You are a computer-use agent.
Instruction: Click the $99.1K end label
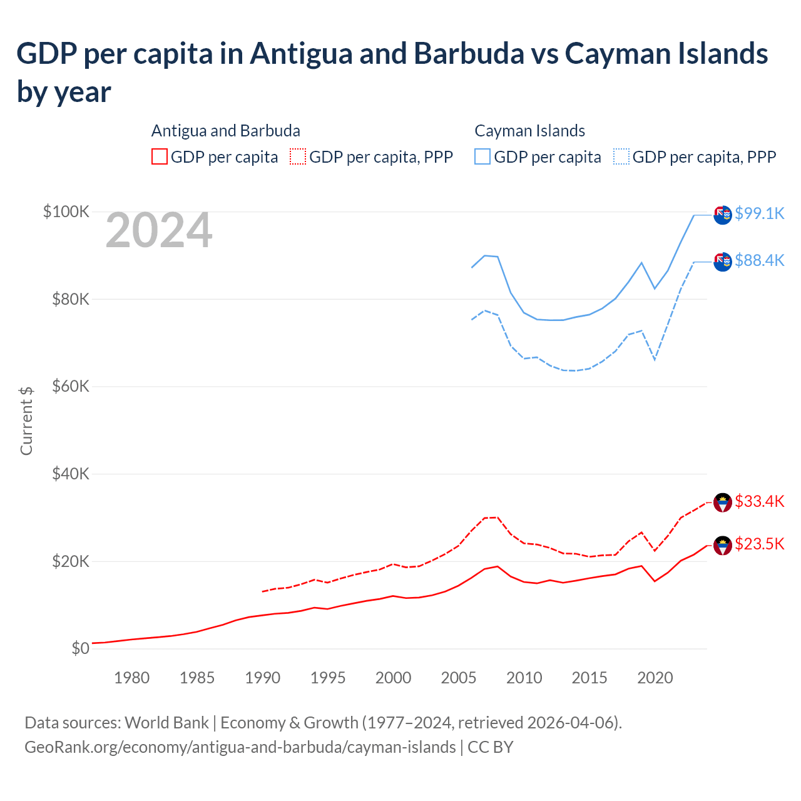759,213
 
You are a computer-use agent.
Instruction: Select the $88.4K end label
759,260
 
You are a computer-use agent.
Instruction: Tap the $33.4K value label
759,501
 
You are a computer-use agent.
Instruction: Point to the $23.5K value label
759,544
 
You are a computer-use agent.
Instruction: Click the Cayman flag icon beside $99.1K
723,215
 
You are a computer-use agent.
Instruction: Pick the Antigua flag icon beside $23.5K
723,546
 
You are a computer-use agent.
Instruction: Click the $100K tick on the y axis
66,212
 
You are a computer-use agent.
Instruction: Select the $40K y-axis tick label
71,474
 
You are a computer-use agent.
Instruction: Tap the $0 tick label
81,648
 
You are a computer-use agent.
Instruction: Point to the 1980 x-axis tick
131,678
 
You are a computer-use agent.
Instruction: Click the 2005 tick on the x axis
459,678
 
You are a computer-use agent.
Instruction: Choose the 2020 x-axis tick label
655,678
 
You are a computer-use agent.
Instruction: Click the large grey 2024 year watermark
159,231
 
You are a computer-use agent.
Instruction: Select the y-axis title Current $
26,421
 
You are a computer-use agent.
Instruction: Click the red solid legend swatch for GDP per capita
160,156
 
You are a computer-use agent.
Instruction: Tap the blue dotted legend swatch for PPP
621,156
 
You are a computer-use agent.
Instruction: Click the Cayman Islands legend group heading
529,131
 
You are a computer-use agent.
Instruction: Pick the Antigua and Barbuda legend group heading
226,131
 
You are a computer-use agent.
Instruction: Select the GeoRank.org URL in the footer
240,747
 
